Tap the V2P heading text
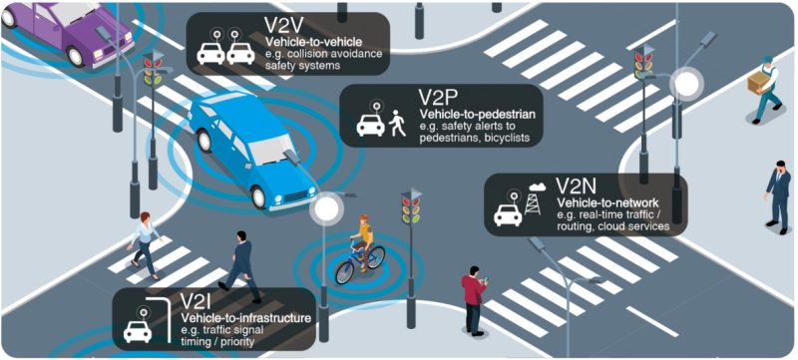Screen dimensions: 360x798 (438, 98)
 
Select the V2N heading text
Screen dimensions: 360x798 (576, 186)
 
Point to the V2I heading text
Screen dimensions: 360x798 (198, 300)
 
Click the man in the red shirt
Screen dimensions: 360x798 (474, 299)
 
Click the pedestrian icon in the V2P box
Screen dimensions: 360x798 (398, 124)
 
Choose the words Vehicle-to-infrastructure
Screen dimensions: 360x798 (246, 318)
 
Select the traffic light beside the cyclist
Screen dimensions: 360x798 (411, 209)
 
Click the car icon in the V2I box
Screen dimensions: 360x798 (138, 329)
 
